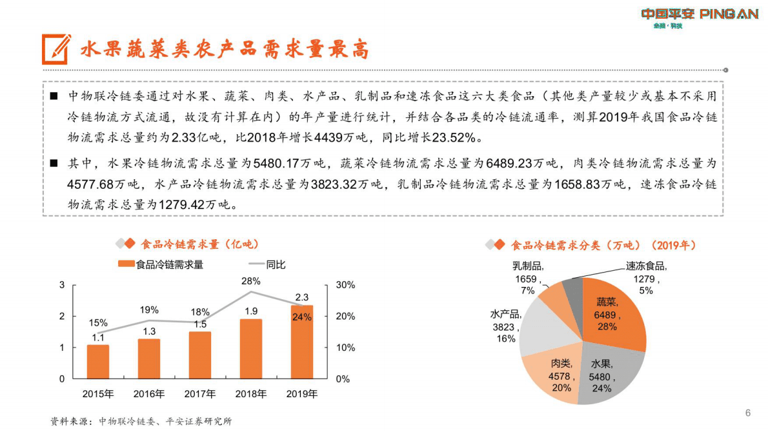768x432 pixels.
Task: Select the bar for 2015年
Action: (x=98, y=362)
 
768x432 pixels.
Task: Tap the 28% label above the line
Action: (x=251, y=281)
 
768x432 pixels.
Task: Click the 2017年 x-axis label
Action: (x=200, y=394)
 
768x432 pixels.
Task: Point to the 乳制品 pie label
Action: (x=528, y=266)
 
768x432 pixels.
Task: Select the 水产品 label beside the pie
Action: (x=505, y=315)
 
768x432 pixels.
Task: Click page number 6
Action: (x=748, y=413)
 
